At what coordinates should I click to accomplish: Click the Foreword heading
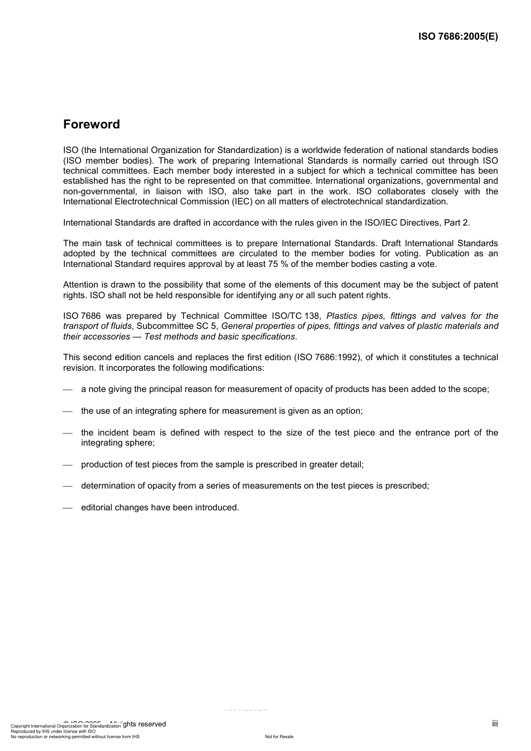[x=91, y=125]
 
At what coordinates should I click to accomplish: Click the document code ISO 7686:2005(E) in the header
[x=458, y=37]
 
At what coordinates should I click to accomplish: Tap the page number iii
[x=495, y=724]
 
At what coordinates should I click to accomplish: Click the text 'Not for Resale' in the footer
[x=279, y=736]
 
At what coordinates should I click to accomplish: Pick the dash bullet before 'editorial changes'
[x=68, y=508]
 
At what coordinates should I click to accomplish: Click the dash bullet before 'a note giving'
[x=68, y=390]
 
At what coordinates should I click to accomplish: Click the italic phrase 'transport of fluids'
[x=97, y=326]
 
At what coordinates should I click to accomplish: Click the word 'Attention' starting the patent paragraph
[x=80, y=285]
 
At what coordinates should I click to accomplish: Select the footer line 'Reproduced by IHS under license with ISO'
[x=53, y=731]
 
